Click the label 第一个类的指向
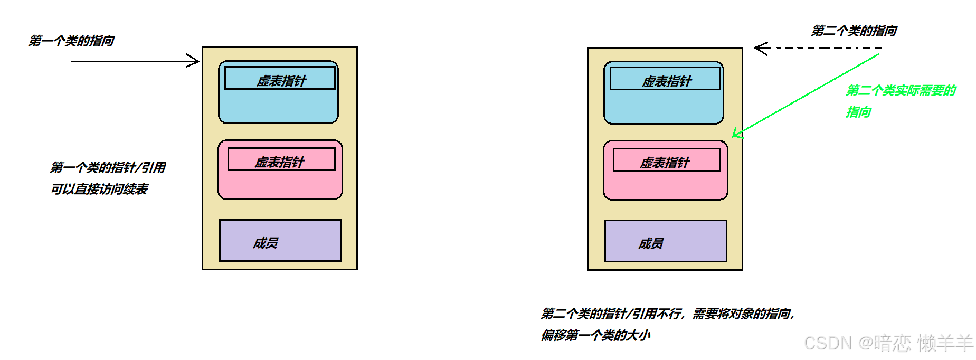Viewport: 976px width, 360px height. point(71,41)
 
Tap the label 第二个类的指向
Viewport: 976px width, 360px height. point(854,31)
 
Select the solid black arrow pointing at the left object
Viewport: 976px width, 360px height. point(135,61)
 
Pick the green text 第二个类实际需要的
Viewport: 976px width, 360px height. point(901,91)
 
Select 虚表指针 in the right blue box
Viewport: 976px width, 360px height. point(666,81)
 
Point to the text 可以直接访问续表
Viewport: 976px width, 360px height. point(99,189)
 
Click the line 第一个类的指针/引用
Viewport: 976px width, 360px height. point(107,167)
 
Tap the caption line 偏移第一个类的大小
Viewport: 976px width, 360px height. point(595,335)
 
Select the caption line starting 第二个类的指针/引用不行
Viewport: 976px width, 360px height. point(667,314)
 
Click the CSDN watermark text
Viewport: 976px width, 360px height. point(888,343)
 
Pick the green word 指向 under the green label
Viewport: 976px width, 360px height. point(858,112)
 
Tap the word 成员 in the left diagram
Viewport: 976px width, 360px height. point(265,243)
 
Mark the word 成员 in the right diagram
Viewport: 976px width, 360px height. point(650,243)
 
